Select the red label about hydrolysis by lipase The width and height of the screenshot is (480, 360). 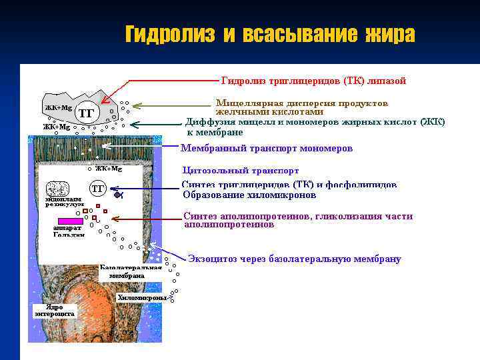click(x=313, y=81)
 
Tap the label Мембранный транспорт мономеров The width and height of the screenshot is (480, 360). click(x=267, y=148)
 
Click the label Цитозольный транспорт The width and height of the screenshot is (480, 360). click(x=240, y=171)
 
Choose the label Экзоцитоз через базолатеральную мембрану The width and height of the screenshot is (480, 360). click(x=294, y=259)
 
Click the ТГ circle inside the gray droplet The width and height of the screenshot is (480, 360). click(x=86, y=113)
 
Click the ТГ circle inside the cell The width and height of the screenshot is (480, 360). click(x=98, y=189)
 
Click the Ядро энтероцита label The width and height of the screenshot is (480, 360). click(x=55, y=310)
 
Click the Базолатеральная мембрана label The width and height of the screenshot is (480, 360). click(x=131, y=272)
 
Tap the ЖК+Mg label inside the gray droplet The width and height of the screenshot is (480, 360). click(x=58, y=107)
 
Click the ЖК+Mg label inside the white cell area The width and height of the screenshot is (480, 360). click(x=108, y=169)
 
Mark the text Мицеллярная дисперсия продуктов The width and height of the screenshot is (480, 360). click(x=301, y=104)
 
